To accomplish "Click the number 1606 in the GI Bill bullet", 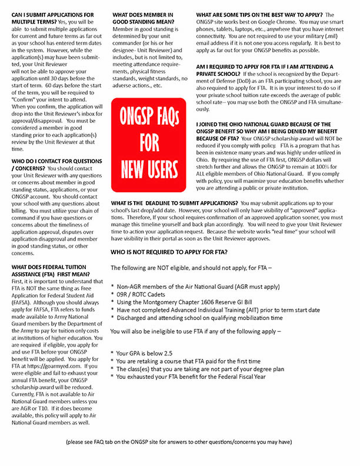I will [x=217, y=301].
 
